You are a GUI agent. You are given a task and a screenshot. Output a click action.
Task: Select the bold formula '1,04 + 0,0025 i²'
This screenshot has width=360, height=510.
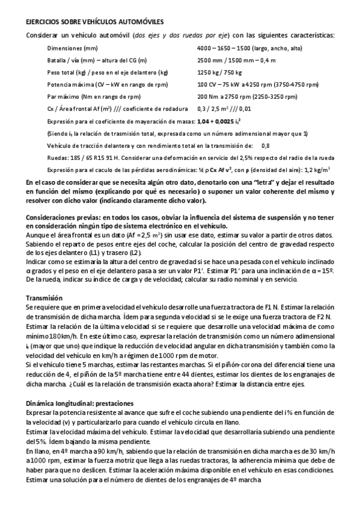point(217,121)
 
